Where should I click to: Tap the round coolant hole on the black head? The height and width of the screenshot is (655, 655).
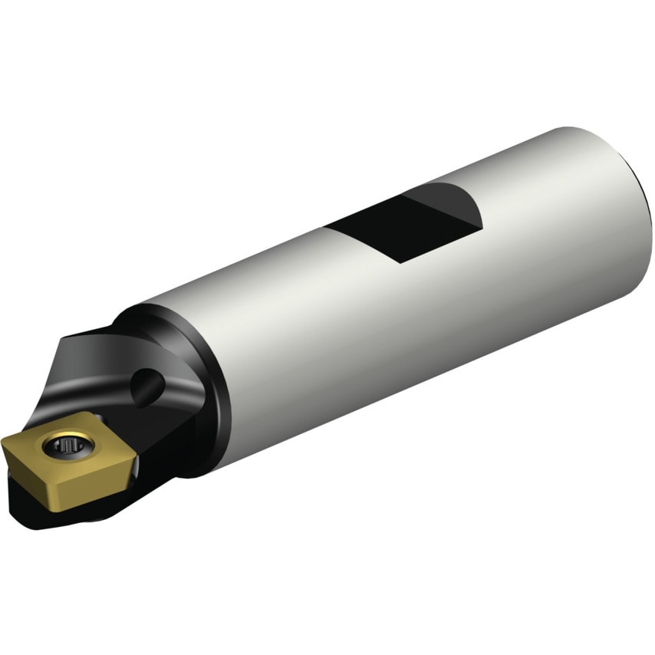(147, 385)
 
